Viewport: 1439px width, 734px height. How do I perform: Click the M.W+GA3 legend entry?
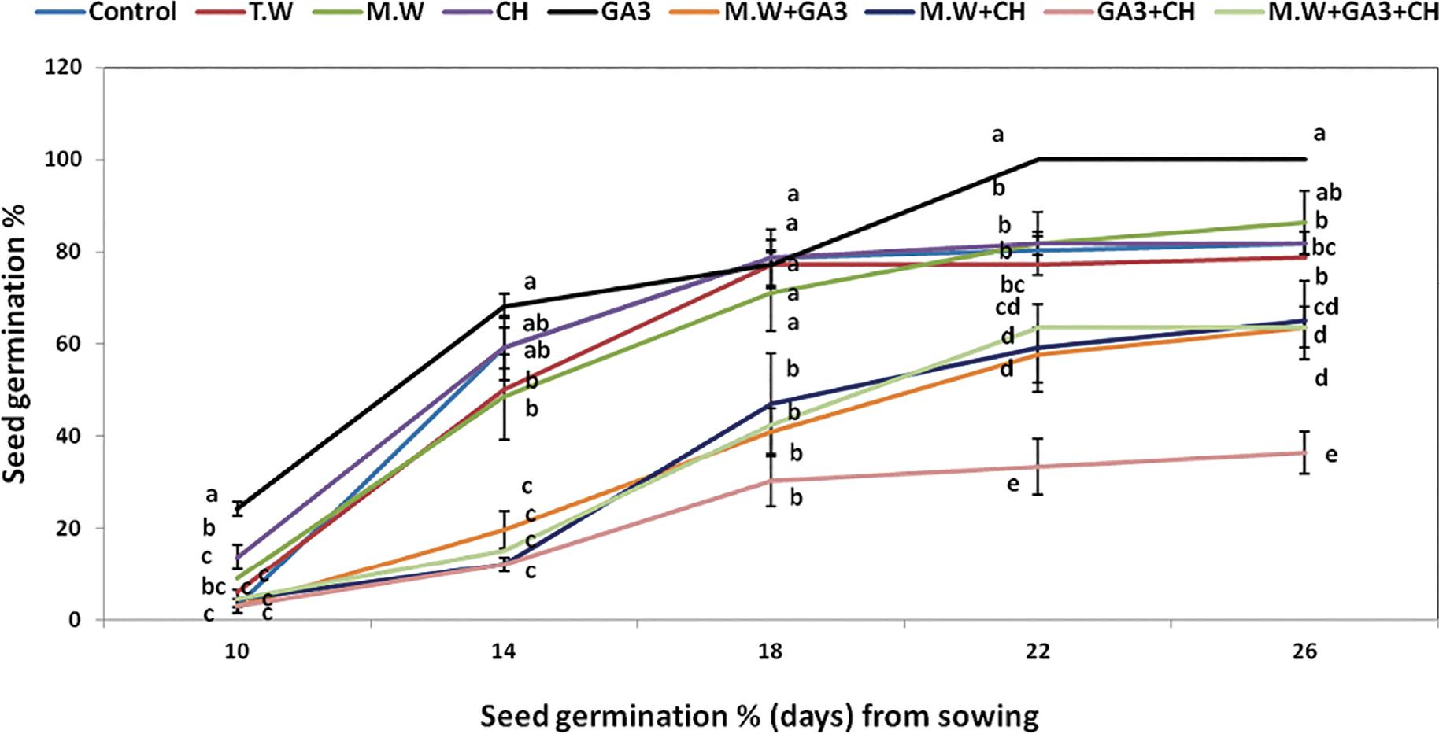(x=788, y=13)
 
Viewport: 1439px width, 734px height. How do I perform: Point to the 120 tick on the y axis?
(x=64, y=68)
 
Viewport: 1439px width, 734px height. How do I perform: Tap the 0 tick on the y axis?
(x=75, y=620)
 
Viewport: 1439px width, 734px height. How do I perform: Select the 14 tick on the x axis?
(x=504, y=651)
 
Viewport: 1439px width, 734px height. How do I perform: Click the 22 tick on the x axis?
(x=1039, y=651)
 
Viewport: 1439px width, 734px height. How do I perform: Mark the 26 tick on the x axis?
(x=1306, y=651)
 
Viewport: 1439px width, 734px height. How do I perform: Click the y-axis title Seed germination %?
(x=13, y=344)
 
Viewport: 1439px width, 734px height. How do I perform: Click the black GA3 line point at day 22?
(x=1039, y=159)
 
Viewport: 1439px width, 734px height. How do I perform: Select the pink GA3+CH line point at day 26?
(x=1306, y=452)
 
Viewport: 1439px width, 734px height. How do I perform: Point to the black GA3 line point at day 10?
(x=237, y=508)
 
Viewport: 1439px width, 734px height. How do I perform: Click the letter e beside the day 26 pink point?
(x=1331, y=454)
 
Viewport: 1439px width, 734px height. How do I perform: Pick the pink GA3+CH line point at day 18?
(x=771, y=480)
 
